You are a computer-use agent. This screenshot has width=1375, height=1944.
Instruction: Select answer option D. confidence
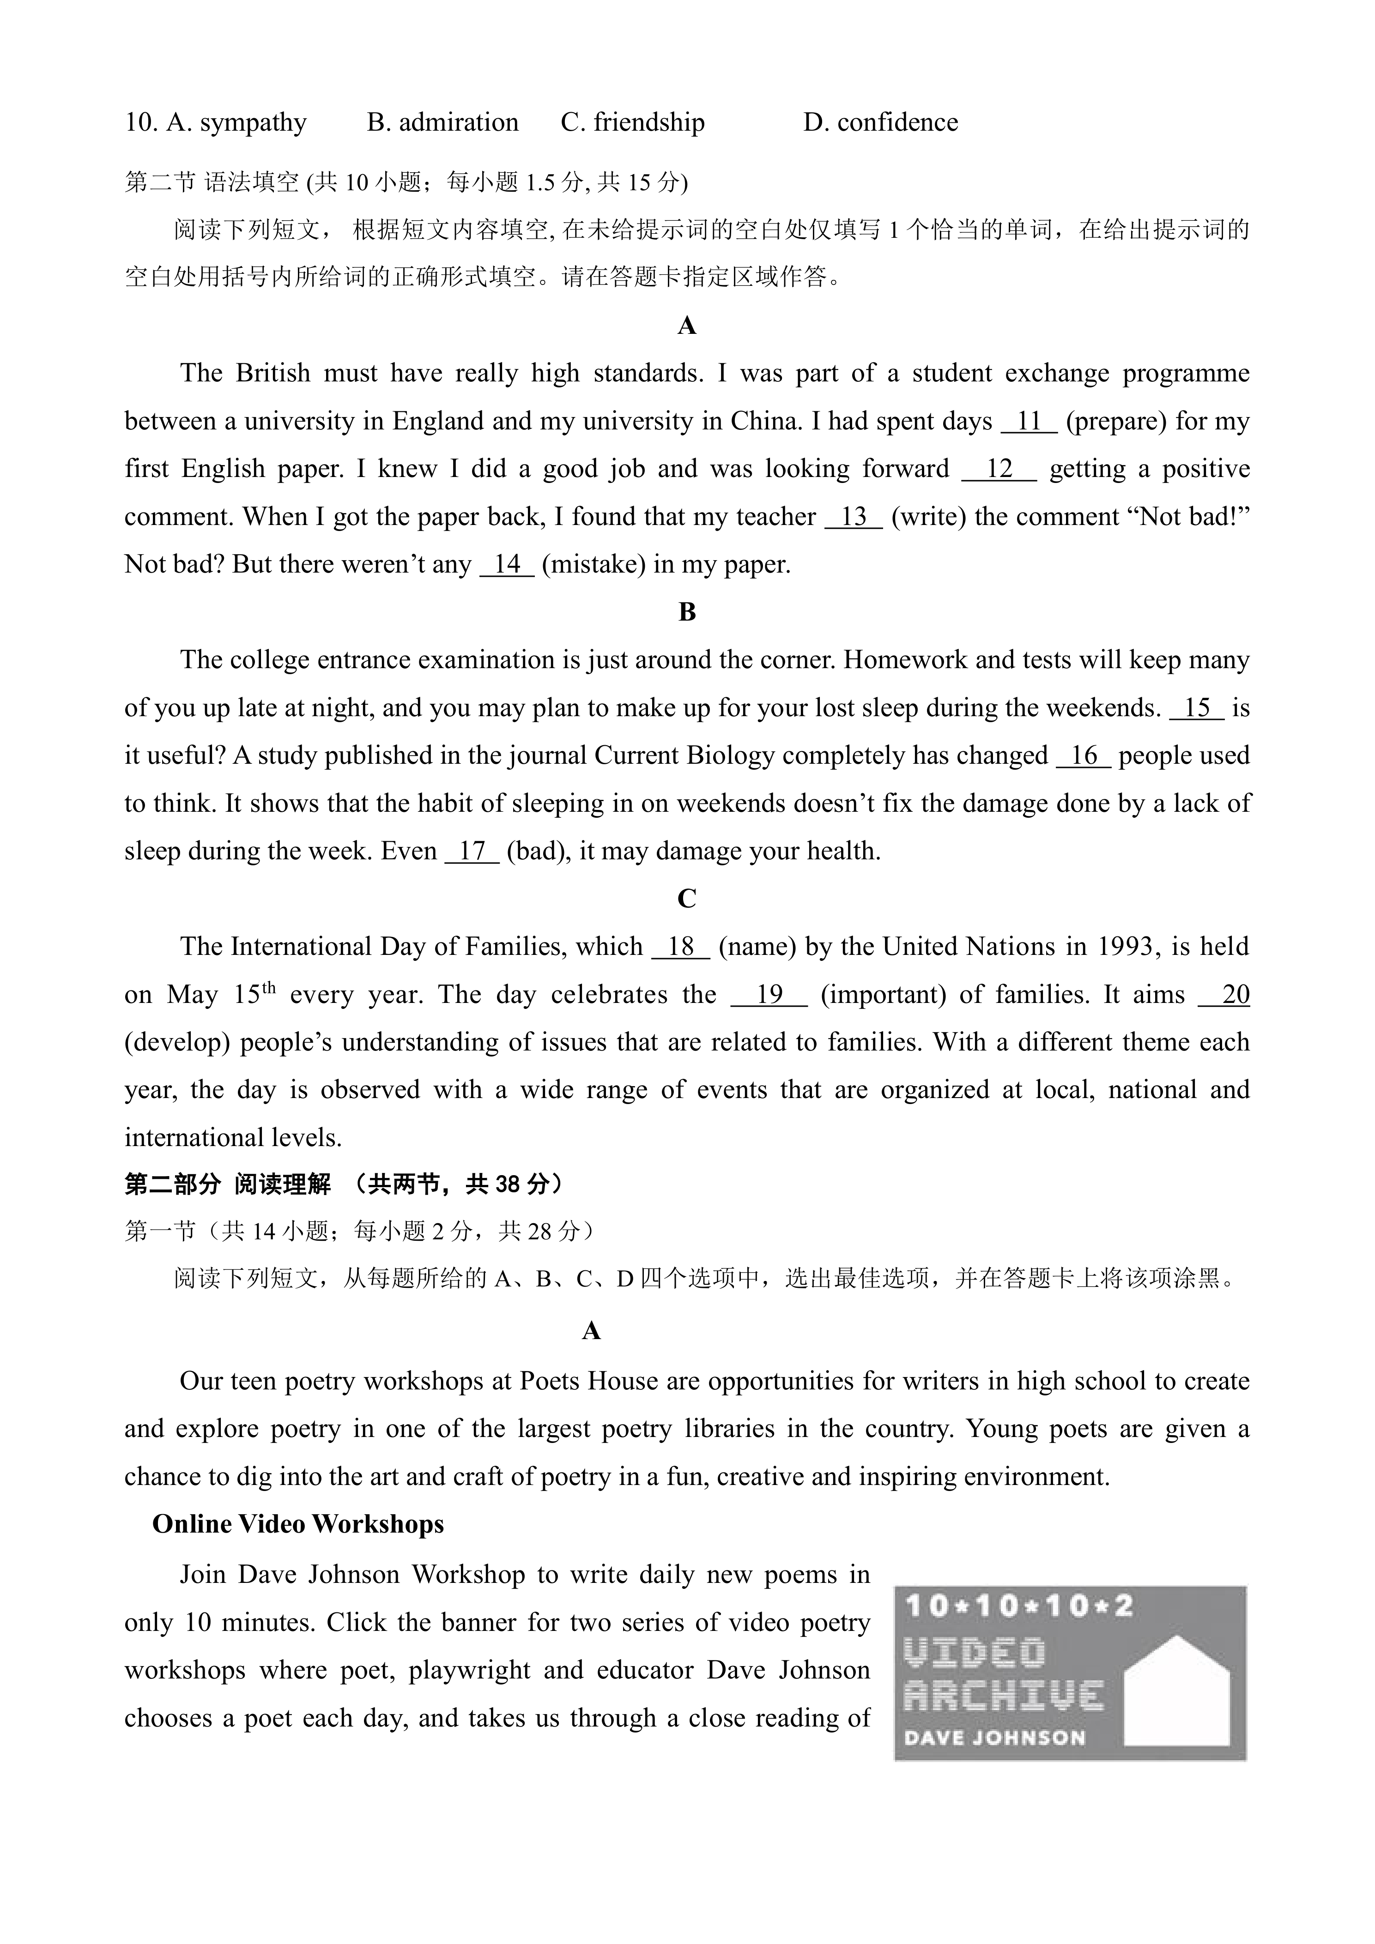pos(880,123)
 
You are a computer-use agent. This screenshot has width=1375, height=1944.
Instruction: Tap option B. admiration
pos(443,123)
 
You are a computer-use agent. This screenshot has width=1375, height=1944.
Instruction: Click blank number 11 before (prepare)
pos(1029,422)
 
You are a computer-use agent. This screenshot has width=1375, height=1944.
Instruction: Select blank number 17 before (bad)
pos(472,851)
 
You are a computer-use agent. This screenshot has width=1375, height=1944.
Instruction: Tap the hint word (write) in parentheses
pos(929,517)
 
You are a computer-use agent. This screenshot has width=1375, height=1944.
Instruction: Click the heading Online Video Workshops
pos(298,1524)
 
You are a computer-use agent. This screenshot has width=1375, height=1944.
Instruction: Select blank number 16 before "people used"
pos(1083,756)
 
